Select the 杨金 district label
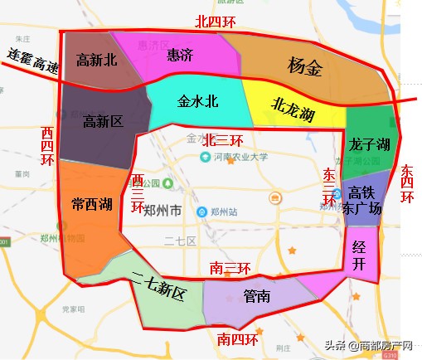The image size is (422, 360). tap(304, 66)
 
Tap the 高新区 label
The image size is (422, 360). tap(103, 122)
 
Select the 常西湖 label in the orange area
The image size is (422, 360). tap(92, 204)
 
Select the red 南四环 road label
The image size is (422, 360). tap(237, 339)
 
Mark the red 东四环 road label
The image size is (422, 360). tap(407, 182)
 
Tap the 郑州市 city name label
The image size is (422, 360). tap(162, 212)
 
